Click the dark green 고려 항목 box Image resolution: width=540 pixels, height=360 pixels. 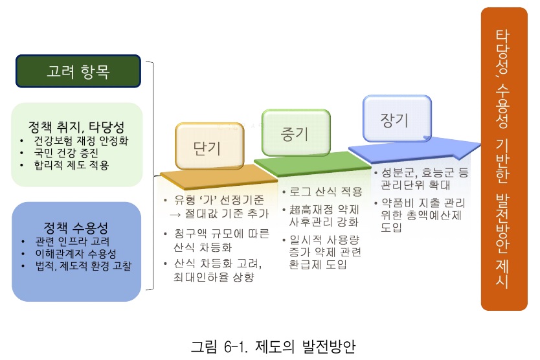78,71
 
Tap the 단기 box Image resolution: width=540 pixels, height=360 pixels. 209,146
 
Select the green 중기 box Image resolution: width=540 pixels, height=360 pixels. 296,133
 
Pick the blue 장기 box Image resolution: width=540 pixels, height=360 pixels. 397,118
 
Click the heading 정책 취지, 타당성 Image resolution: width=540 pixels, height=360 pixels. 76,127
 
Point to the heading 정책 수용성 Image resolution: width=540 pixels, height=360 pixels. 76,228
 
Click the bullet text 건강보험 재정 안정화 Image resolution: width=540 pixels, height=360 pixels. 81,141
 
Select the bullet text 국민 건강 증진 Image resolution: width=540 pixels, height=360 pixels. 66,153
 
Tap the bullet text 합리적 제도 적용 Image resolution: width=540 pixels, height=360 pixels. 71,165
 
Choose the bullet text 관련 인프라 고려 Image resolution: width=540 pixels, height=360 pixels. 73,241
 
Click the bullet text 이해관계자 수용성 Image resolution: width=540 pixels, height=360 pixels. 76,254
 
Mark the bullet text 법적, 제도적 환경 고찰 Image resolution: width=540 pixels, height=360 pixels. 84,265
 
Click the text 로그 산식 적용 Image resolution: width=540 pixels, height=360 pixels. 326,192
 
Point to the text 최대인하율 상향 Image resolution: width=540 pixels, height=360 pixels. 214,276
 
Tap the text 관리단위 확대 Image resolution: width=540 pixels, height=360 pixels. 415,185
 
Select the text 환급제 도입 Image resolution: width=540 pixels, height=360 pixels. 317,264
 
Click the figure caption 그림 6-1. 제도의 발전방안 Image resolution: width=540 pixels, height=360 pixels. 273,346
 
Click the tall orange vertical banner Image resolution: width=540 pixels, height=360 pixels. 504,159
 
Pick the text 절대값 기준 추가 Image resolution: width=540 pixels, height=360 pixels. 227,214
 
